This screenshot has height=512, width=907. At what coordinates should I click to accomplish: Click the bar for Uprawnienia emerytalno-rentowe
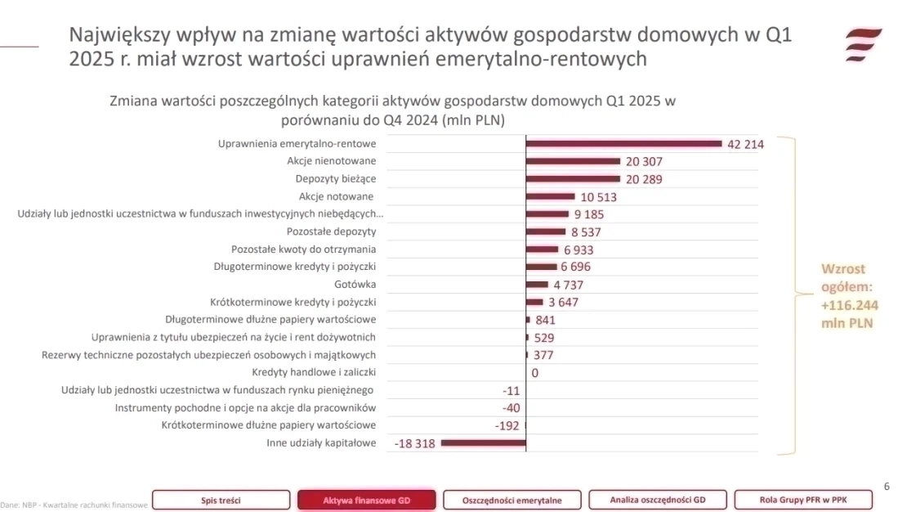623,144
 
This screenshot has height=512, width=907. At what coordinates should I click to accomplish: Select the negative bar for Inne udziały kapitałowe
483,443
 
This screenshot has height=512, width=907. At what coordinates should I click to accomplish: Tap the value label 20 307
644,162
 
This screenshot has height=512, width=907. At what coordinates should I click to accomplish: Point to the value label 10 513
598,197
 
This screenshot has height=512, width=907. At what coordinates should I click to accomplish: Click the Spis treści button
221,500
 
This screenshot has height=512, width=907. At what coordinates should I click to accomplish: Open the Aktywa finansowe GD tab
367,500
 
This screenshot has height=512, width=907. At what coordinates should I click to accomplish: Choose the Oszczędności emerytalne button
512,500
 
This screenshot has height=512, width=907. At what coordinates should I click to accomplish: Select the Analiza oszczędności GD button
657,500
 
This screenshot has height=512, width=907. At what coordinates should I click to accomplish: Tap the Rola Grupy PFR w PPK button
803,500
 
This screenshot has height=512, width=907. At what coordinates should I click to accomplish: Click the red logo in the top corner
863,44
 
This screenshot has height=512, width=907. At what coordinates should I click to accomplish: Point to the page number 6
887,487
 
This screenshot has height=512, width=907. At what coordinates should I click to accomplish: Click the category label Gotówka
355,285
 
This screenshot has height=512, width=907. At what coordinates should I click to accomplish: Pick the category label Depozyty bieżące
335,179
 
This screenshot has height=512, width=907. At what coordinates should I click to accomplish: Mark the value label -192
507,426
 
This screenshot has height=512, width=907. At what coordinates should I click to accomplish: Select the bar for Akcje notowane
551,197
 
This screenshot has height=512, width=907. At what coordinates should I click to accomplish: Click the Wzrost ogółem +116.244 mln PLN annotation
847,296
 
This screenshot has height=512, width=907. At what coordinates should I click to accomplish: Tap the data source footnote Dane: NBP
74,505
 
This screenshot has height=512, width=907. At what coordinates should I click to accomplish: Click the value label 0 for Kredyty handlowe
534,373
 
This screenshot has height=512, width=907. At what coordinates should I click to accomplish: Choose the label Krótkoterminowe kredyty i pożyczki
293,302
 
